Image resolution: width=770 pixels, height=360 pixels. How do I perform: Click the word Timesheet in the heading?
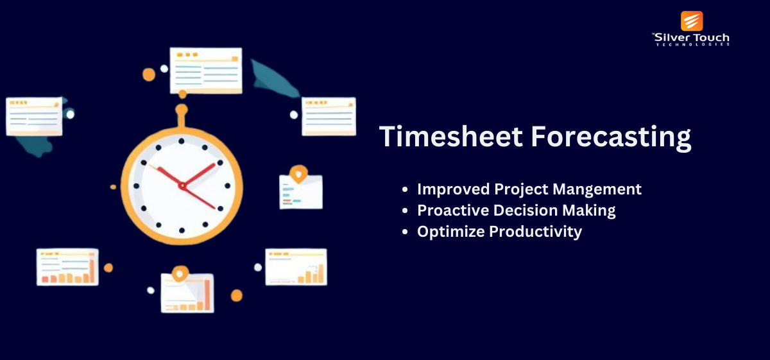pyautogui.click(x=451, y=137)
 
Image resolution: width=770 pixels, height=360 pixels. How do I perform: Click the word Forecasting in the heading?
pyautogui.click(x=611, y=138)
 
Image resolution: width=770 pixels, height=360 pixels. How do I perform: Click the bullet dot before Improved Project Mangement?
pyautogui.click(x=405, y=189)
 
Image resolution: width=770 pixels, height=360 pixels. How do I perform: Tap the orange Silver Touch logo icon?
pyautogui.click(x=692, y=21)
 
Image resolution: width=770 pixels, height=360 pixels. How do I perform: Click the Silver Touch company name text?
pyautogui.click(x=691, y=40)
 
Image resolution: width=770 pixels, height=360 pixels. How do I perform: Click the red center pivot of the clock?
pyautogui.click(x=182, y=186)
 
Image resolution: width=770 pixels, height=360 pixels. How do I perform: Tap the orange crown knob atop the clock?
pyautogui.click(x=182, y=110)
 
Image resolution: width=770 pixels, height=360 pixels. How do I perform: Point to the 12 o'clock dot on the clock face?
pyautogui.click(x=182, y=141)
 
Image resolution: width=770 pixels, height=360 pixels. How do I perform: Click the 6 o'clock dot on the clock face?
pyautogui.click(x=182, y=230)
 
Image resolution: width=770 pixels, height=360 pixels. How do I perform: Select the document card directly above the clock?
pyautogui.click(x=206, y=71)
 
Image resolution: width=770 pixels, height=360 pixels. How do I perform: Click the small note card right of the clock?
pyautogui.click(x=301, y=191)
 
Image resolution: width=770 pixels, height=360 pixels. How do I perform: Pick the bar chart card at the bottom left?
pyautogui.click(x=68, y=267)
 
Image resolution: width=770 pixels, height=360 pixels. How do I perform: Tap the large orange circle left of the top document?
pyautogui.click(x=149, y=74)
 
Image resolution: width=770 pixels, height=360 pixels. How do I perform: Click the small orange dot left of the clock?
pyautogui.click(x=113, y=187)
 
